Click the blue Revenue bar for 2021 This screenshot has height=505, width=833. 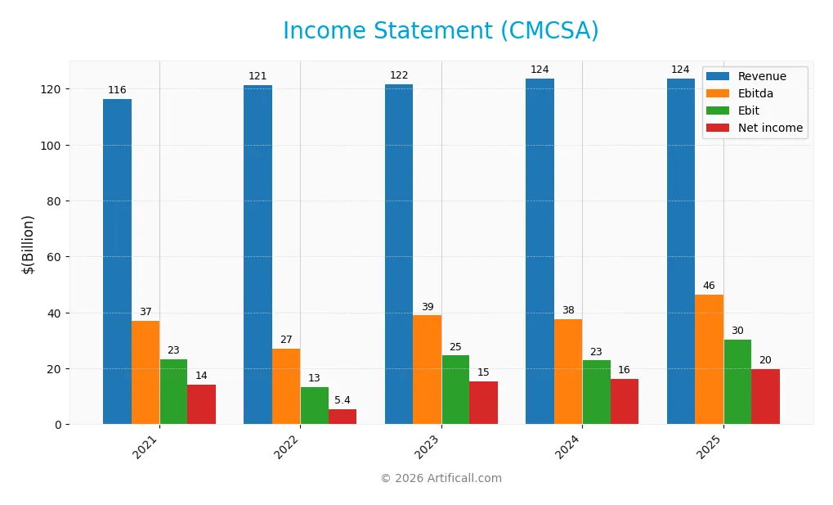click(x=117, y=262)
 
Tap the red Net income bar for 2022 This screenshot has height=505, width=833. click(x=343, y=417)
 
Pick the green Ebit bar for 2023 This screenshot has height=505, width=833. click(x=455, y=390)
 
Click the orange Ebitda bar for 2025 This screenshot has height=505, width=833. click(x=709, y=359)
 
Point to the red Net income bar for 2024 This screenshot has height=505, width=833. click(x=625, y=402)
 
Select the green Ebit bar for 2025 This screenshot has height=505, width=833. click(x=737, y=382)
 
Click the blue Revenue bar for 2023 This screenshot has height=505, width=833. click(x=399, y=254)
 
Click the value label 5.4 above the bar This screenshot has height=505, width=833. click(x=343, y=400)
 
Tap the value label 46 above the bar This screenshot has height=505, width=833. click(x=709, y=286)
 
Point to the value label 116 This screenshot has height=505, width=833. click(x=117, y=90)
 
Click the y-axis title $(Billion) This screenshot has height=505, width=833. click(x=29, y=244)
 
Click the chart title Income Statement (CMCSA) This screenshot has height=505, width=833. click(x=441, y=31)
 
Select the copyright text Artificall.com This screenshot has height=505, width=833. click(x=441, y=479)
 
